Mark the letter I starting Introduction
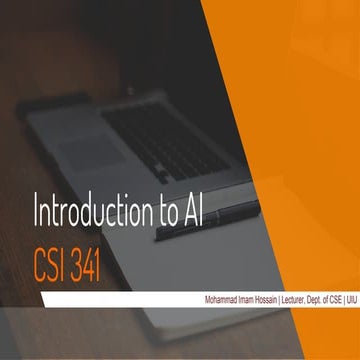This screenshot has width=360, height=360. tap(38, 213)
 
